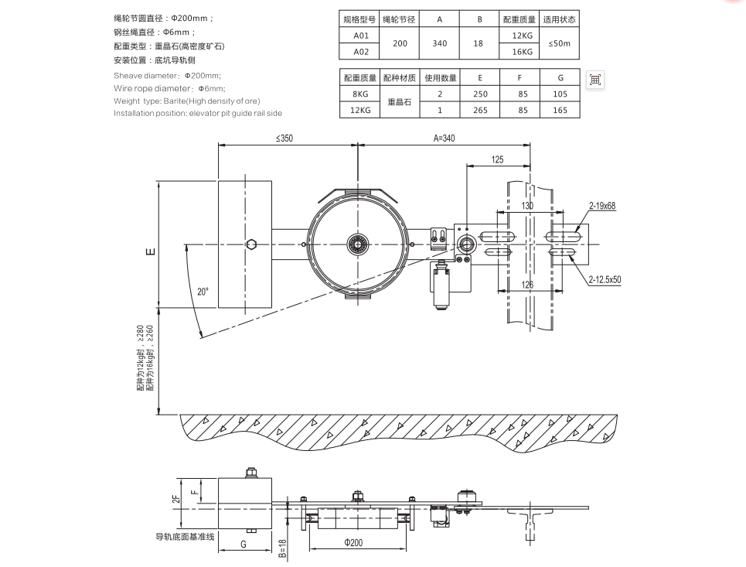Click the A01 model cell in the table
point(360,36)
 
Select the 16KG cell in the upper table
point(522,52)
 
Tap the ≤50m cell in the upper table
point(559,44)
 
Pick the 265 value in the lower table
point(479,110)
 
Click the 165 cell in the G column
point(560,110)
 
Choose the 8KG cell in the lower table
point(360,94)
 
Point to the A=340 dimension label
point(445,139)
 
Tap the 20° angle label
point(203,292)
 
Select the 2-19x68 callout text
point(601,207)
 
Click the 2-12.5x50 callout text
point(605,280)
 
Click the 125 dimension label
point(498,159)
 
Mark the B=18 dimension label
point(283,547)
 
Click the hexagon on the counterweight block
point(251,244)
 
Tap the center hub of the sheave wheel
point(357,244)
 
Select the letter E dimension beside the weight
point(152,251)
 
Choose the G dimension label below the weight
point(244,545)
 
